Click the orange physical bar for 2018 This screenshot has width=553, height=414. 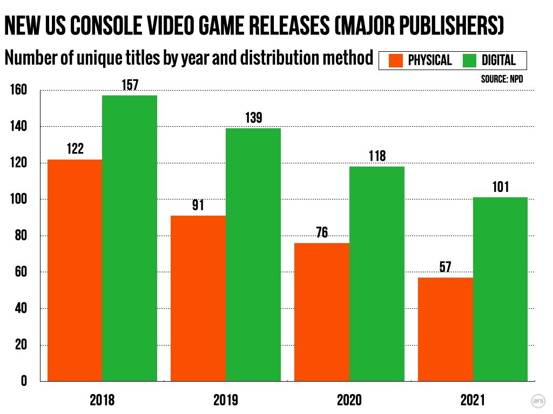(x=75, y=270)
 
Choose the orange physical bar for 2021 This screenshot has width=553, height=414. (x=446, y=329)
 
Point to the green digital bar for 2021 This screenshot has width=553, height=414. (x=501, y=289)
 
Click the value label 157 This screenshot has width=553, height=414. (x=130, y=85)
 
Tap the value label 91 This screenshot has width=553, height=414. (x=198, y=205)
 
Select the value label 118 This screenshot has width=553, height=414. (x=377, y=156)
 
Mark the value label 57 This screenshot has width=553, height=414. (x=446, y=267)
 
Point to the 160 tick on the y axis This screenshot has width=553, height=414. (x=19, y=90)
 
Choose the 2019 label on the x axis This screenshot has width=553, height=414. (x=225, y=401)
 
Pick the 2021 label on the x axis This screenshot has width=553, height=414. (x=473, y=401)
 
